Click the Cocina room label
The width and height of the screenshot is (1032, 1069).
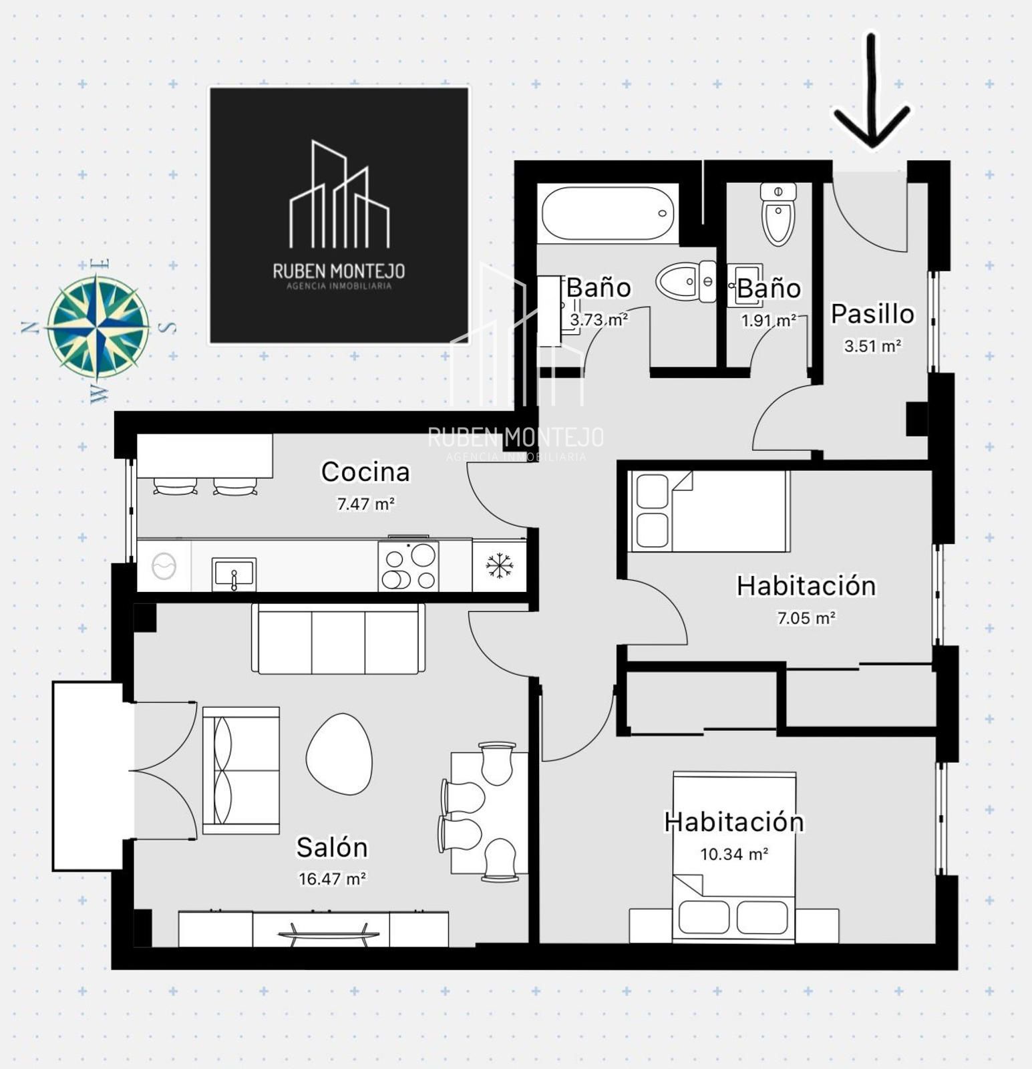365,472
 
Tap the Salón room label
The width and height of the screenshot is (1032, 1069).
332,847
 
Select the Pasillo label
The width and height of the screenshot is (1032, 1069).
872,313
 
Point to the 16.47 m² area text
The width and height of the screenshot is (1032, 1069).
332,879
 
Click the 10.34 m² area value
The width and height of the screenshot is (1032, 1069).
734,854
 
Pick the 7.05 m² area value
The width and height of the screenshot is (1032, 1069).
806,618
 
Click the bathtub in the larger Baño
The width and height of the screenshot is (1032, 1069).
608,214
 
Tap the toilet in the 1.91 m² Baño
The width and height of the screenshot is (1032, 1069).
778,214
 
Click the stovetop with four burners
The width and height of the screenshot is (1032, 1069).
408,566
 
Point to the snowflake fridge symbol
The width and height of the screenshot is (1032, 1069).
499,566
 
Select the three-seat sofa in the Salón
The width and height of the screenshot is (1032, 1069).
339,639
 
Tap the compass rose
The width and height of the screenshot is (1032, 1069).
98,327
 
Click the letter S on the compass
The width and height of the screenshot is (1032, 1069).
170,327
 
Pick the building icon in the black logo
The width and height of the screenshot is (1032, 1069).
339,194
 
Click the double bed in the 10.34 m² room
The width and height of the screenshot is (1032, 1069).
734,857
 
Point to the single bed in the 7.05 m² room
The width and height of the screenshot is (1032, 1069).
709,511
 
